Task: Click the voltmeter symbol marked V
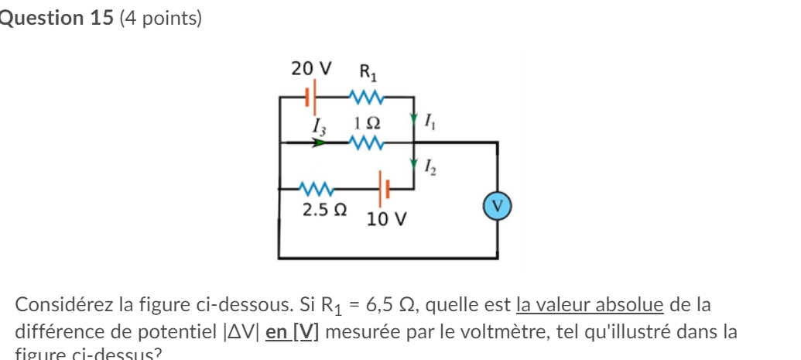(x=497, y=207)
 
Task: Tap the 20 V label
(x=311, y=68)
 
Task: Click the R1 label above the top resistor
(x=368, y=73)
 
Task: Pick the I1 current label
(x=431, y=120)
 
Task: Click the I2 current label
(x=431, y=165)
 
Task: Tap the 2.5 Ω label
(x=324, y=210)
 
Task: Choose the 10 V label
(x=386, y=219)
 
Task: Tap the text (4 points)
(x=161, y=19)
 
